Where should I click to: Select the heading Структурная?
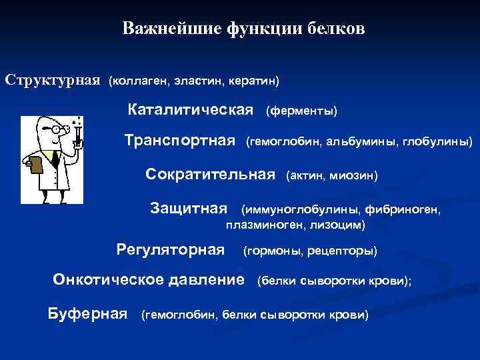53,80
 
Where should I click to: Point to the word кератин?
250,81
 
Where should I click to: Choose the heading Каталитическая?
191,109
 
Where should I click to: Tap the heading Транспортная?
181,141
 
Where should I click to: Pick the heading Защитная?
189,209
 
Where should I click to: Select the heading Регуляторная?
171,250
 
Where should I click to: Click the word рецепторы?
347,251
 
